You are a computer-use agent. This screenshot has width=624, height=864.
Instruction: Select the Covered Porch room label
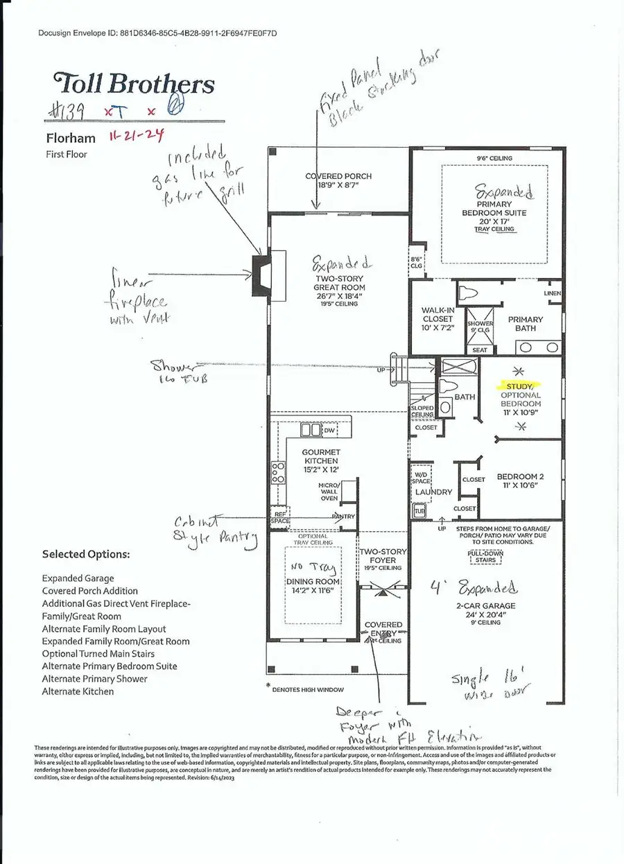click(x=339, y=176)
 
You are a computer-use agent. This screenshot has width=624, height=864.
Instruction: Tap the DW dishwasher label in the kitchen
click(x=330, y=430)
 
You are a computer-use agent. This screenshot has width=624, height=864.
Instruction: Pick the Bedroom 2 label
click(x=519, y=477)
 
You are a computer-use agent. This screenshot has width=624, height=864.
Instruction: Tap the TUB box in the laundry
click(x=418, y=511)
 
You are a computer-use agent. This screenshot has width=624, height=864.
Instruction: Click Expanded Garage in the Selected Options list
click(x=78, y=578)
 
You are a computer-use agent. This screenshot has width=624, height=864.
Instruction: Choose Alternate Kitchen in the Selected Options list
click(x=78, y=691)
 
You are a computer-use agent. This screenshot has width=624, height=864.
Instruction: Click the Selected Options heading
click(x=85, y=555)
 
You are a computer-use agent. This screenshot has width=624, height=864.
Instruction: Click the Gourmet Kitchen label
click(x=321, y=456)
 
